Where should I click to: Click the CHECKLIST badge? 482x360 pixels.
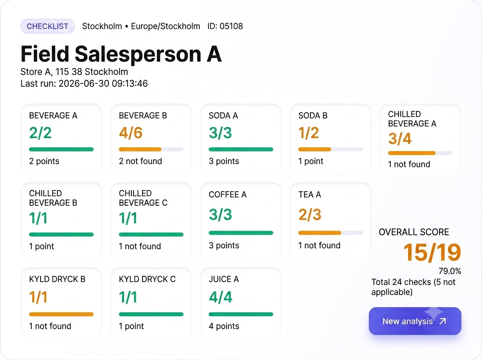coord(47,26)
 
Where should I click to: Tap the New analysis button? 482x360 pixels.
coord(415,321)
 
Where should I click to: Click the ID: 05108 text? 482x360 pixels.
coord(225,26)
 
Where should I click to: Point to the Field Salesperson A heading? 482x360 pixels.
coord(121,54)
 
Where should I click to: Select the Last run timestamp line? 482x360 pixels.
coord(84,84)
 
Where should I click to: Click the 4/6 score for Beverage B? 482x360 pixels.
coord(131,133)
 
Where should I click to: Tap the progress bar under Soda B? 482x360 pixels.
coord(331,149)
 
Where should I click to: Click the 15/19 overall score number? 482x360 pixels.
coord(432,253)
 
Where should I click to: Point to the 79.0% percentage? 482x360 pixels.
coord(450,271)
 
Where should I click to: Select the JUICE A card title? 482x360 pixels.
coord(224,279)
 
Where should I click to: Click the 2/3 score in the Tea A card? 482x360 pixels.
coord(310,215)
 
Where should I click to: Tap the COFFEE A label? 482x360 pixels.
coord(228,194)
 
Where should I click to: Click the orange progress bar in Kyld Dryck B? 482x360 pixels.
coord(61,314)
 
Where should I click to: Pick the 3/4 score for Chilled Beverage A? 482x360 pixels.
coord(400,139)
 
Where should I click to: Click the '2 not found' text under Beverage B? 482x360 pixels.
coord(141,161)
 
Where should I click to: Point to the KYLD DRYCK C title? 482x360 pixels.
coord(147,279)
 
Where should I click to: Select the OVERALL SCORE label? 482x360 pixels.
coord(414,232)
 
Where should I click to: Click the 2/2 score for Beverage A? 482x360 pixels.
coord(41,133)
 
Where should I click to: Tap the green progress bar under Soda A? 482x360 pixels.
coord(241,149)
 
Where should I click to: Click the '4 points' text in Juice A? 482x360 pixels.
coord(224,326)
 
